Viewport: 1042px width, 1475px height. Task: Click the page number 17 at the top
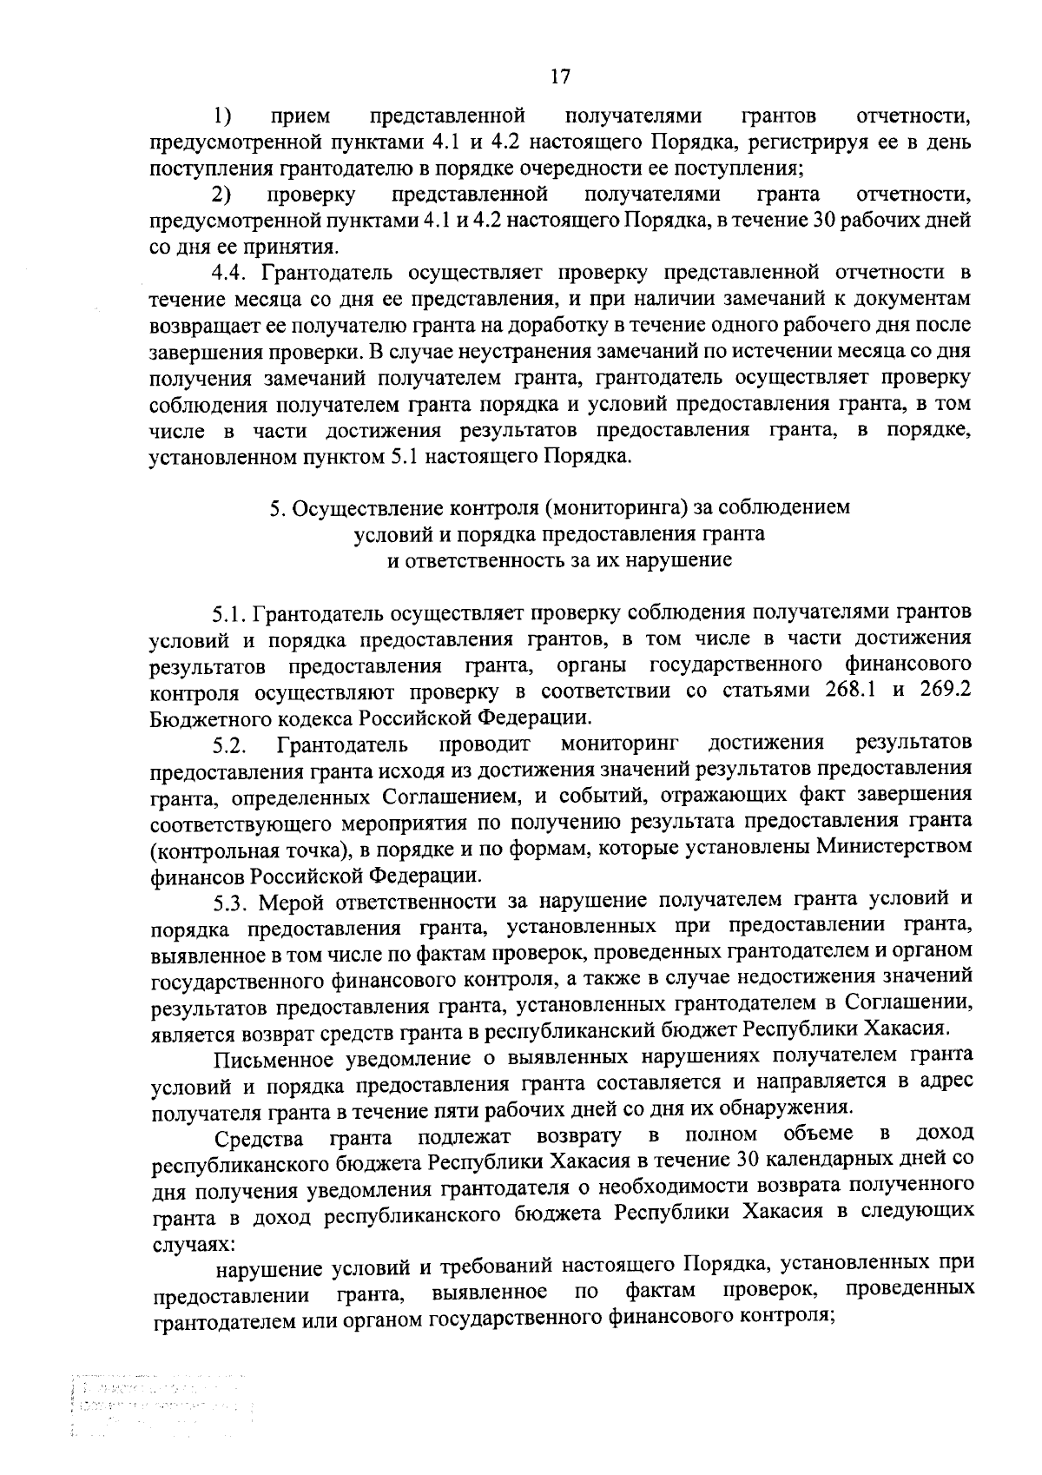tap(559, 76)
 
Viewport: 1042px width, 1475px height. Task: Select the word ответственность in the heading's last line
tap(493, 560)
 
